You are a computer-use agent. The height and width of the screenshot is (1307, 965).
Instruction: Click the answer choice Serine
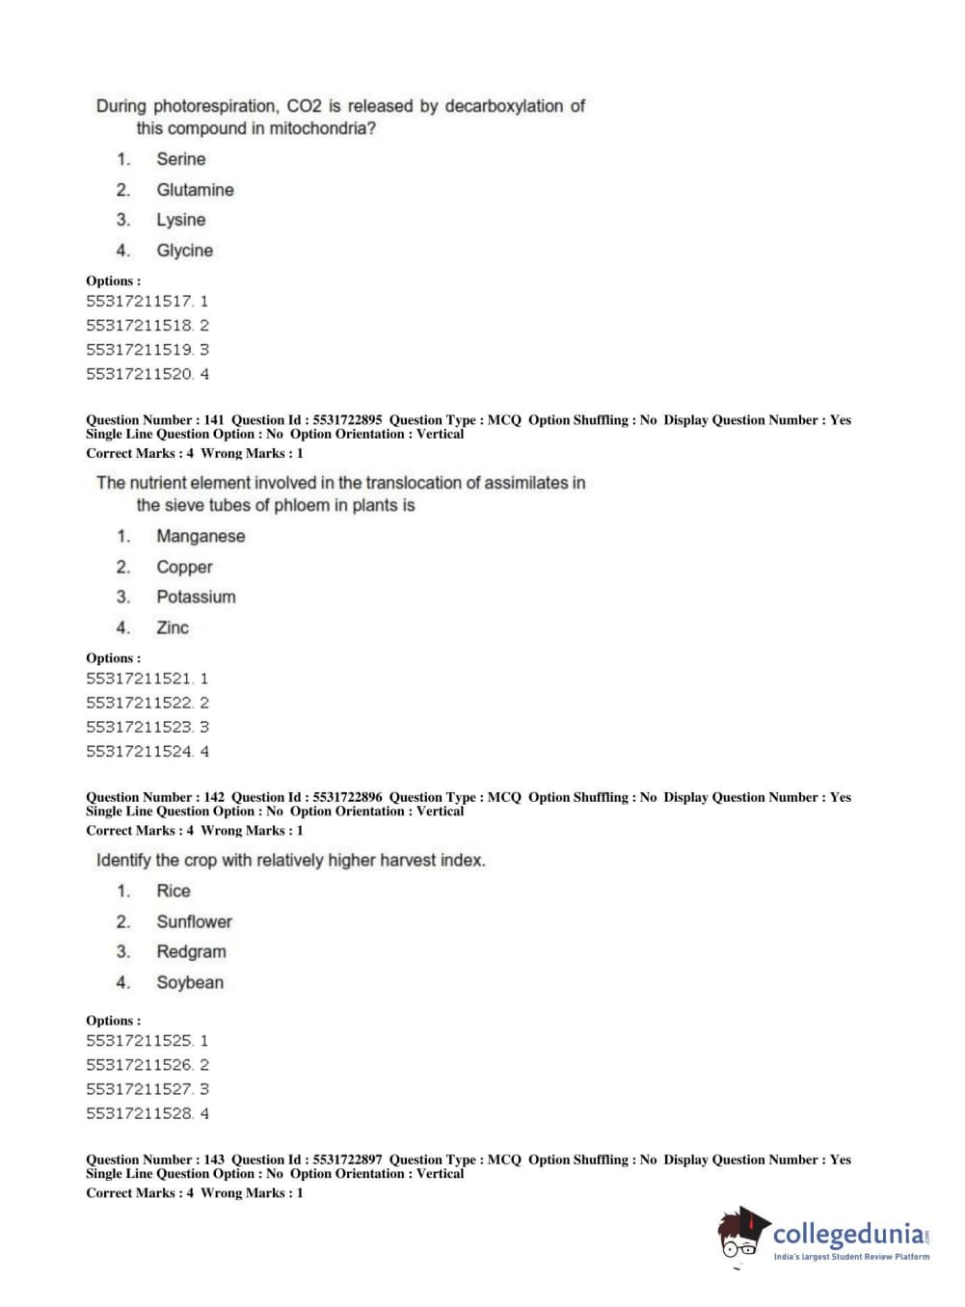pyautogui.click(x=180, y=159)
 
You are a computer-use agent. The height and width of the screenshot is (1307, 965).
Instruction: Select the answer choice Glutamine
pyautogui.click(x=195, y=190)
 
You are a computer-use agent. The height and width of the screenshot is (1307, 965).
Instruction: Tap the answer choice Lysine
pyautogui.click(x=180, y=220)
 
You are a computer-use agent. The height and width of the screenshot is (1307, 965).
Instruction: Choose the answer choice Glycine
pyautogui.click(x=184, y=251)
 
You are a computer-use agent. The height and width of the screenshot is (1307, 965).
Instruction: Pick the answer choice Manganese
pyautogui.click(x=201, y=536)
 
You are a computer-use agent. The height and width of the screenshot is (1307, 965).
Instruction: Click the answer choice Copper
pyautogui.click(x=184, y=567)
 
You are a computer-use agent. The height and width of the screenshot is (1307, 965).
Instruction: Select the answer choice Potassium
pyautogui.click(x=196, y=597)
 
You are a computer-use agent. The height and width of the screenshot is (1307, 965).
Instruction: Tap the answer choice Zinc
pyautogui.click(x=173, y=627)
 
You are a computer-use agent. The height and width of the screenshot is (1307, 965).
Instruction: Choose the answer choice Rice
pyautogui.click(x=174, y=891)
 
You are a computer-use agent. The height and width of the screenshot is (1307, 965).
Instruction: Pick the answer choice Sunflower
pyautogui.click(x=194, y=921)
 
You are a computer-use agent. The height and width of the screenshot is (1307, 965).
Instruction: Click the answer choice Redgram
pyautogui.click(x=191, y=951)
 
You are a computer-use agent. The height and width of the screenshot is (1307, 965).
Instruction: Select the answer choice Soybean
pyautogui.click(x=190, y=982)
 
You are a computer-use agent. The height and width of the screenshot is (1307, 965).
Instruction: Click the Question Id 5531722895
pyautogui.click(x=347, y=420)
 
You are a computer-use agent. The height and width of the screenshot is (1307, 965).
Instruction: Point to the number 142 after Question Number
pyautogui.click(x=214, y=797)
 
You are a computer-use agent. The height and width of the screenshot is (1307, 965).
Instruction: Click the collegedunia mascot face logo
pyautogui.click(x=741, y=1234)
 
